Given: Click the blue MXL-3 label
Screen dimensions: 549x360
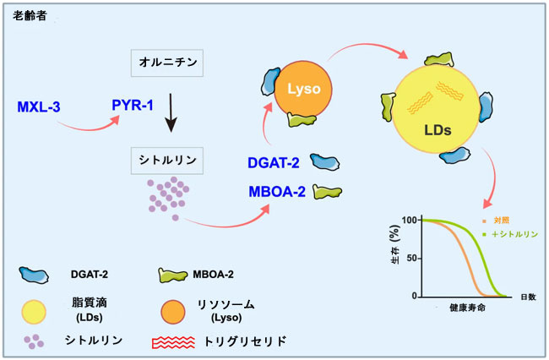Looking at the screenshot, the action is [x=39, y=106].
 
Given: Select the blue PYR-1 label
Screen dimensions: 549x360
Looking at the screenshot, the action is [x=133, y=105].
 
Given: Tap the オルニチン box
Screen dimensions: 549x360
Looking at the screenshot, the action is [x=167, y=63].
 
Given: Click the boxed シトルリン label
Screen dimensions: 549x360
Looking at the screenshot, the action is [x=167, y=161].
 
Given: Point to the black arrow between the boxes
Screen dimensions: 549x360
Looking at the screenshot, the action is [x=171, y=112].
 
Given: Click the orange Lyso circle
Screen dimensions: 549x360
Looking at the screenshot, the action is [x=303, y=89].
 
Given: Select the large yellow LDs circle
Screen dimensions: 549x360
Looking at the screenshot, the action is [x=436, y=109].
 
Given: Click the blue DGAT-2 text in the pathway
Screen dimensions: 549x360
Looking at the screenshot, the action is [x=274, y=163].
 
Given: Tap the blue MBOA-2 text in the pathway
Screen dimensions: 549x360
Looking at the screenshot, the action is [x=277, y=192].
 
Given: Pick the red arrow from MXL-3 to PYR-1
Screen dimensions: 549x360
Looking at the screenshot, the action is [x=88, y=128].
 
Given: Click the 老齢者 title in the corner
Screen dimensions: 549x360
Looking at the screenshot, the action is [x=30, y=16].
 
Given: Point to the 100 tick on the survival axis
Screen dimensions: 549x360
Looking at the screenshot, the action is [x=410, y=221].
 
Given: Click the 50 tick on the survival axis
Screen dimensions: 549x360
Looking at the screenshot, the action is [x=412, y=259].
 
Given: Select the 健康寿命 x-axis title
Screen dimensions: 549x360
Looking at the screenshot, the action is [x=467, y=308].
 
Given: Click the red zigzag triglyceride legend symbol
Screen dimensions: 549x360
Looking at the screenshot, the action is [x=173, y=342].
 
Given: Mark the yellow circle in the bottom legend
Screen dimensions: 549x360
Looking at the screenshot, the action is [x=34, y=312].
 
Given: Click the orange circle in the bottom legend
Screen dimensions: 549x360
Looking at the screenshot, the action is [x=173, y=312].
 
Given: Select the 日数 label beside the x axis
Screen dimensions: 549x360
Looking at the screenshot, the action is [x=529, y=297].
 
